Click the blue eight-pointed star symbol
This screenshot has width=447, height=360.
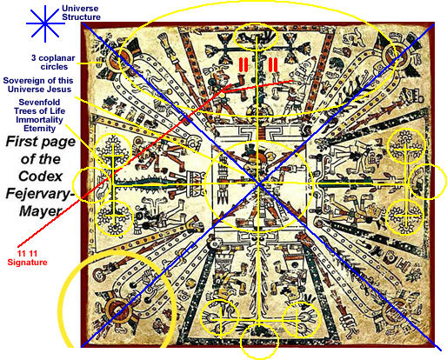pyautogui.click(x=45, y=23)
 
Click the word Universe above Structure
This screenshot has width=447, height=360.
pyautogui.click(x=80, y=8)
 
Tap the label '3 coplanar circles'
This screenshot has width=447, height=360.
pyautogui.click(x=53, y=63)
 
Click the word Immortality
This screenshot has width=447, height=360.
pyautogui.click(x=39, y=120)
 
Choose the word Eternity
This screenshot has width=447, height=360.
pyautogui.click(x=39, y=129)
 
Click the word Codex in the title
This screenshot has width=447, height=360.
pyautogui.click(x=41, y=177)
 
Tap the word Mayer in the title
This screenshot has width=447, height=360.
pyautogui.click(x=40, y=211)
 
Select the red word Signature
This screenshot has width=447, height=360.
pyautogui.click(x=27, y=263)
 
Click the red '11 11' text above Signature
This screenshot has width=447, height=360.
pyautogui.click(x=27, y=254)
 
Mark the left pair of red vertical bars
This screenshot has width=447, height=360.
pyautogui.click(x=244, y=64)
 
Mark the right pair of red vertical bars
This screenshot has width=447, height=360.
pyautogui.click(x=273, y=64)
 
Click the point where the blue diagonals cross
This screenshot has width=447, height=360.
pyautogui.click(x=259, y=183)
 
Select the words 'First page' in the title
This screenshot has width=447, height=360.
pyautogui.click(x=41, y=142)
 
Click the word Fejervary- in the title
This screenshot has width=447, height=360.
pyautogui.click(x=40, y=193)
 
